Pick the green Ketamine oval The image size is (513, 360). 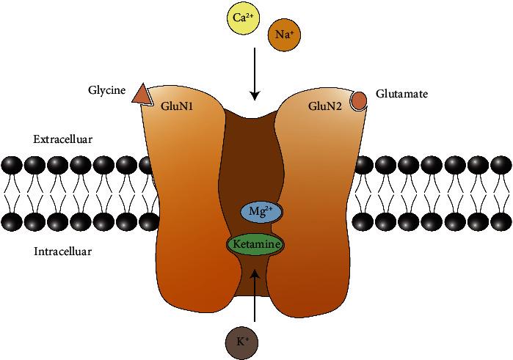click(x=255, y=243)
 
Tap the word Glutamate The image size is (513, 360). click(x=401, y=94)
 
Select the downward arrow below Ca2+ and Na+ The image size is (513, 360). click(x=255, y=73)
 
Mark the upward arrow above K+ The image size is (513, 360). click(x=255, y=297)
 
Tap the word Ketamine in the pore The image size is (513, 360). click(x=255, y=243)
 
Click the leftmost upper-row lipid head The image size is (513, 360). click(x=11, y=164)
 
